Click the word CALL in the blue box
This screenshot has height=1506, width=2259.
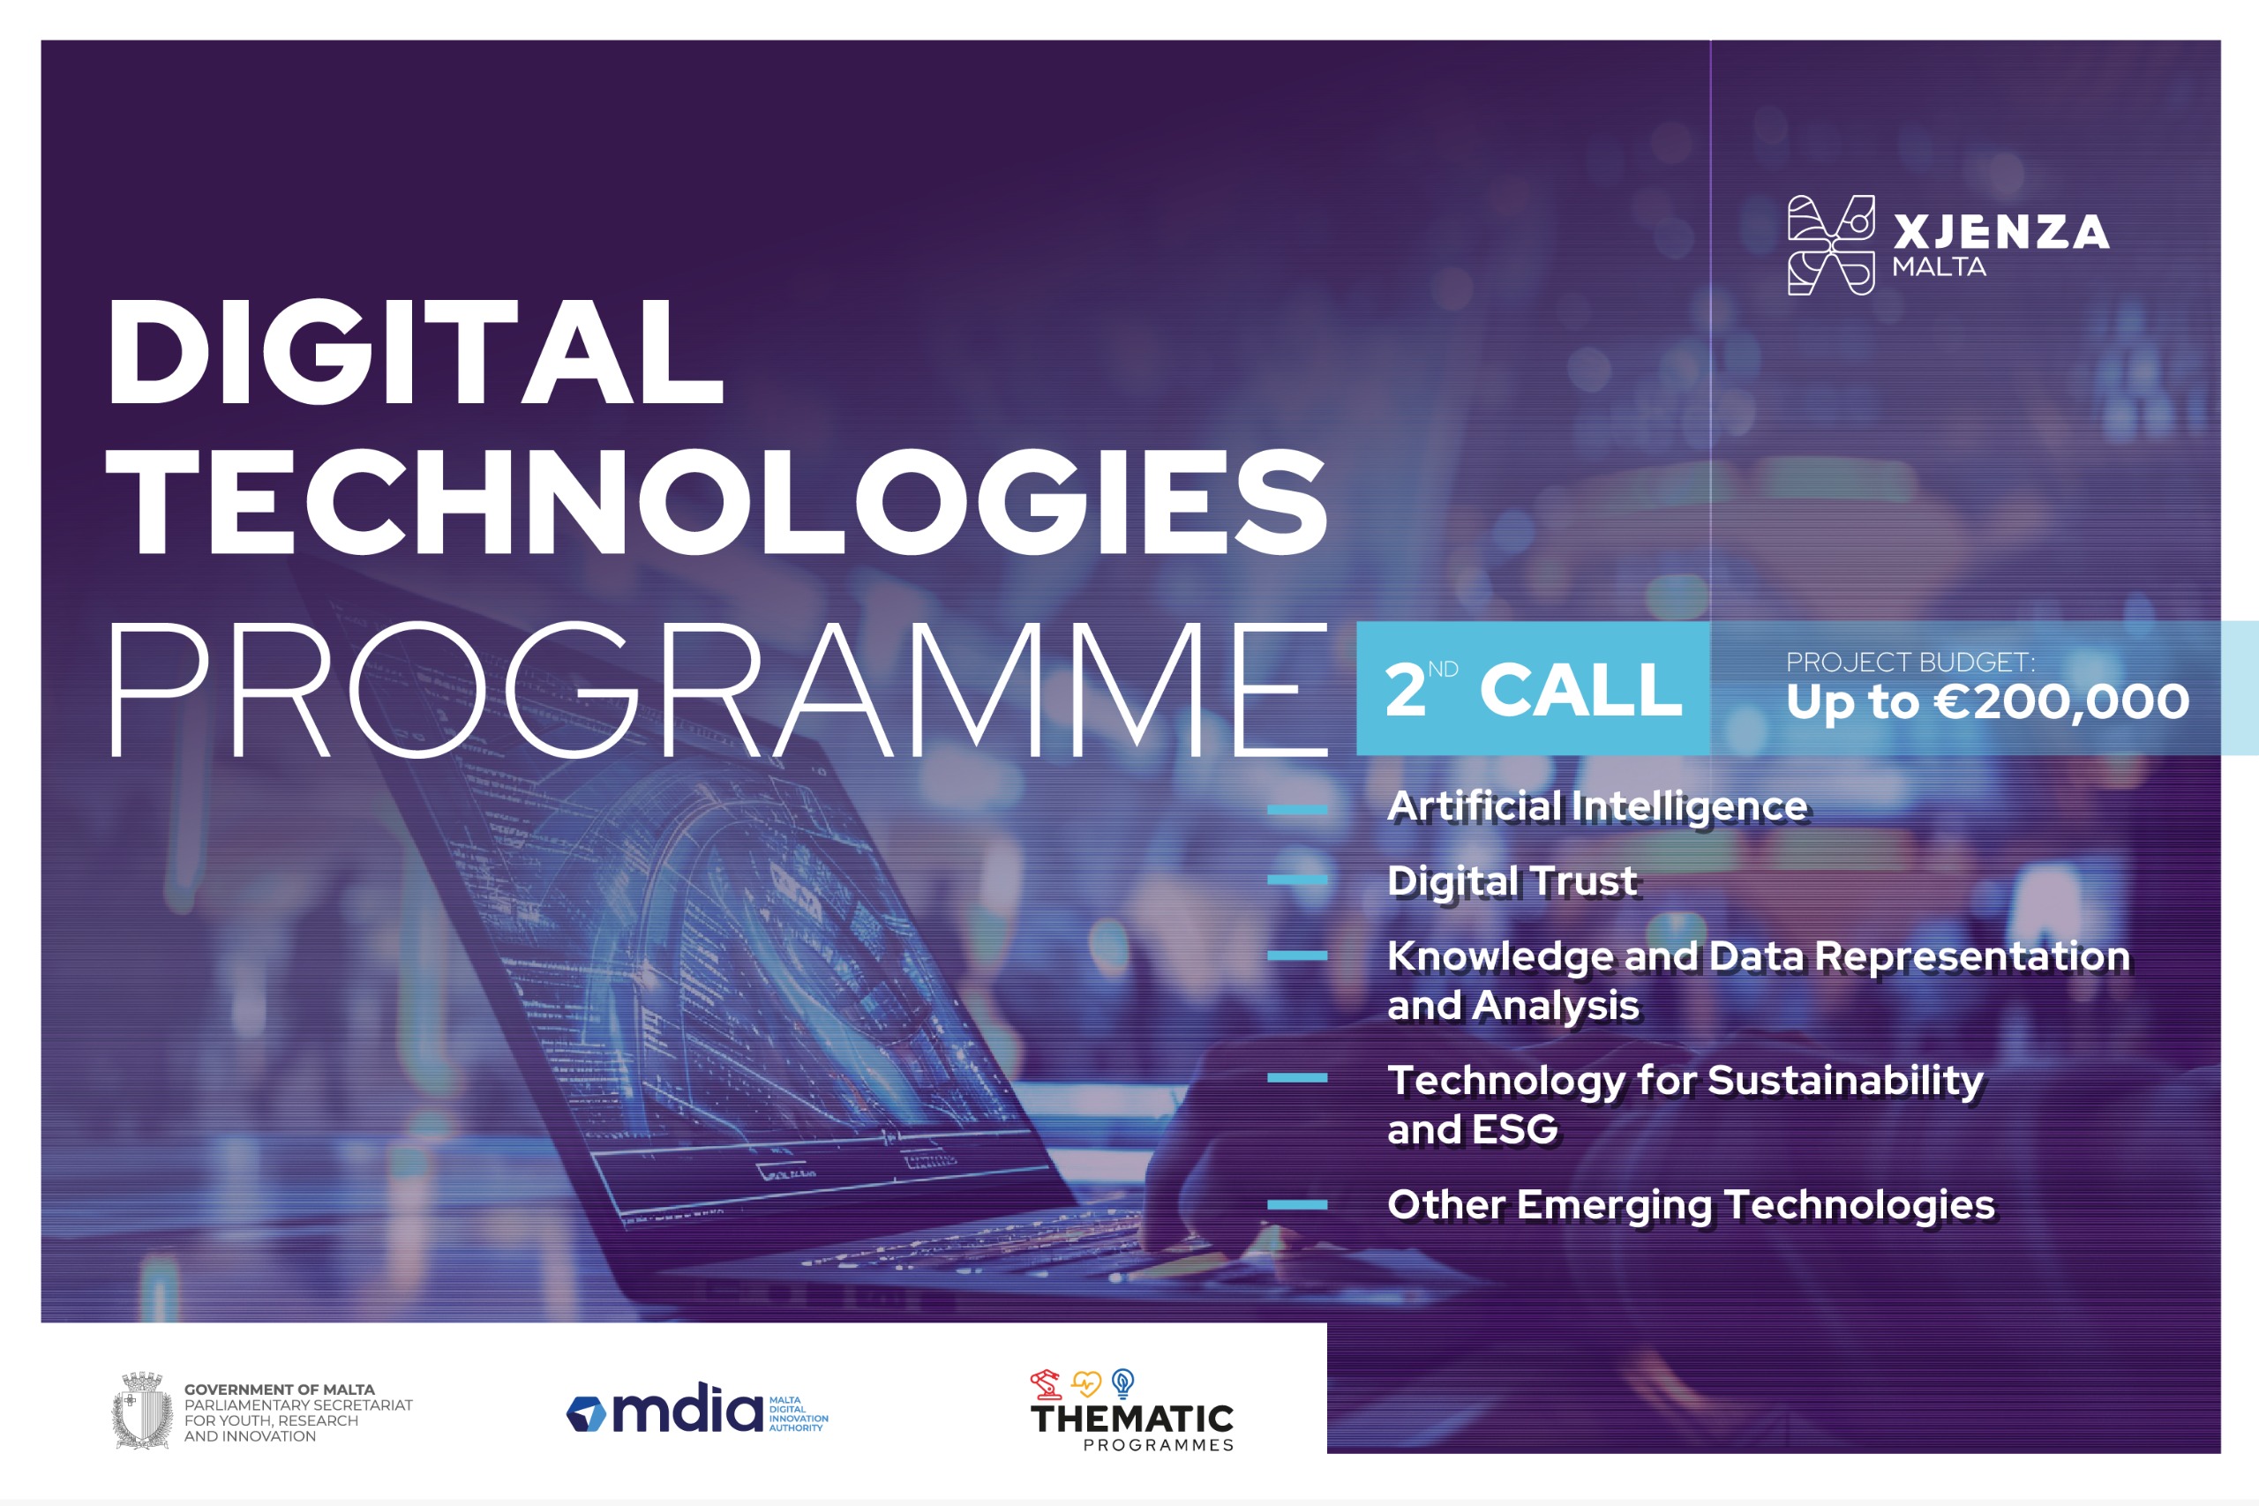[x=1581, y=690]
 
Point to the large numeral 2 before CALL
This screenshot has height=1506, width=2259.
[x=1405, y=690]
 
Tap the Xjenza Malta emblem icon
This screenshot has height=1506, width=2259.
[x=1831, y=245]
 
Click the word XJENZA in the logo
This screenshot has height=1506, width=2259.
[x=2000, y=232]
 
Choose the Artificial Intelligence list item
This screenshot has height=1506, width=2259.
[x=1597, y=806]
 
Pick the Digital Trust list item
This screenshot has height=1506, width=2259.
[x=1512, y=880]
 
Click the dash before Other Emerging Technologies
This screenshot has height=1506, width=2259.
[x=1297, y=1204]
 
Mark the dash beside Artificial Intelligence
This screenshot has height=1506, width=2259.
[x=1297, y=810]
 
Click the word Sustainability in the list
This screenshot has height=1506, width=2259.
[x=1845, y=1081]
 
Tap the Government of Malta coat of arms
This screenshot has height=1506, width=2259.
[x=143, y=1410]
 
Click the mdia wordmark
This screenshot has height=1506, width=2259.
[x=687, y=1408]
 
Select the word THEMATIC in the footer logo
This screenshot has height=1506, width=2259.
[x=1131, y=1419]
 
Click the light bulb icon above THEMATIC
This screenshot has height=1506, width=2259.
[x=1122, y=1384]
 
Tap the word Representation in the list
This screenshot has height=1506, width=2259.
[x=1973, y=956]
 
